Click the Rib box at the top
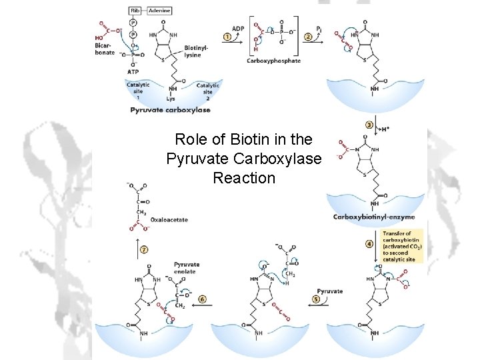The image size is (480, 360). (135, 11)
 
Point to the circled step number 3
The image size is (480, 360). (369, 125)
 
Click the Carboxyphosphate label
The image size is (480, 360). (273, 61)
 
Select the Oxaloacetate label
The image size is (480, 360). (169, 219)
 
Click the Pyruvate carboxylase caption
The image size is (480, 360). (170, 110)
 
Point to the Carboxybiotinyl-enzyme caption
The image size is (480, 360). (373, 217)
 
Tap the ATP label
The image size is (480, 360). (133, 71)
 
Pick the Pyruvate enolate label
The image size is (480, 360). (186, 268)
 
